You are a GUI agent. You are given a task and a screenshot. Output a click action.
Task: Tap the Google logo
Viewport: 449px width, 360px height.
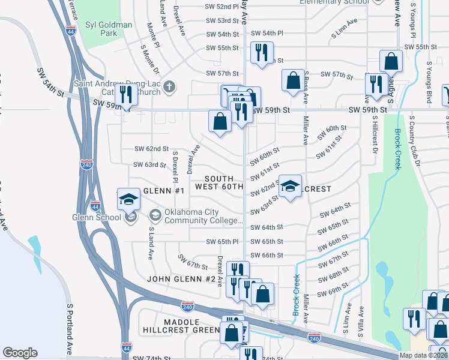(x=20, y=353)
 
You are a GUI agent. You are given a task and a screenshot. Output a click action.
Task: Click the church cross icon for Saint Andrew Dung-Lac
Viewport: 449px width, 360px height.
(x=169, y=87)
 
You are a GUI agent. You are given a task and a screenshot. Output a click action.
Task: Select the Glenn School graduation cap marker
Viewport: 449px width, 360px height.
(x=128, y=199)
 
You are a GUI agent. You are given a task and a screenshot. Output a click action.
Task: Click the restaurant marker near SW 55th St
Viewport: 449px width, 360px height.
(x=262, y=53)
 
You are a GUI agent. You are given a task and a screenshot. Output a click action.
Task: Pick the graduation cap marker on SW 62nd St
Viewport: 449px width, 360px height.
(x=290, y=187)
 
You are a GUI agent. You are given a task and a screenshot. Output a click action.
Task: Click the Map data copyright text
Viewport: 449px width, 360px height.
(x=423, y=355)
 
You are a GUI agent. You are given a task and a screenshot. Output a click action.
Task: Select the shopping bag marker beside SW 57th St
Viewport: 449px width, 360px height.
(x=293, y=81)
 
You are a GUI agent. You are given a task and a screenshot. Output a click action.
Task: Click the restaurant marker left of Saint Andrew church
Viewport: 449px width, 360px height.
(x=125, y=95)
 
